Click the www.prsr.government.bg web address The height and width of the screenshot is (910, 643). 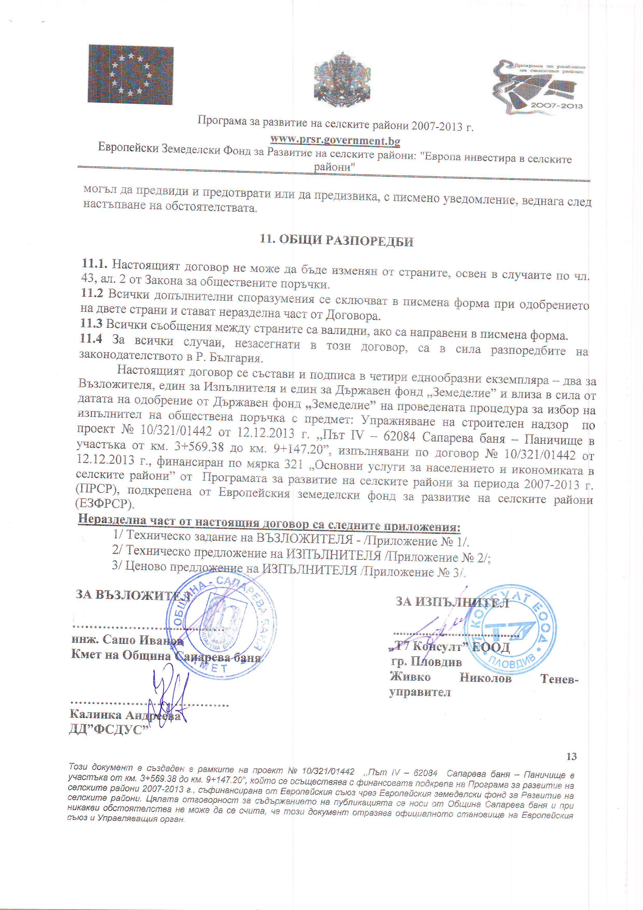335,140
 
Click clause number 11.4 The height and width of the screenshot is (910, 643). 91,338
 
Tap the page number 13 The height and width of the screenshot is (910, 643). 571,756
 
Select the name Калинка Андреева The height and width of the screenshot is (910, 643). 125,715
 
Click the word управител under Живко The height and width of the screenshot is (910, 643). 420,692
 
